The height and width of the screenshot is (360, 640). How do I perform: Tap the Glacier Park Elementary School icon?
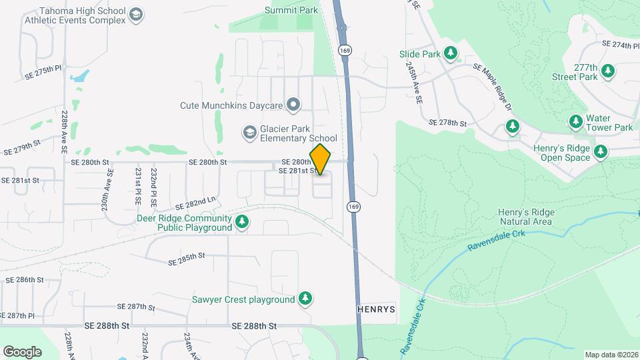click(x=249, y=133)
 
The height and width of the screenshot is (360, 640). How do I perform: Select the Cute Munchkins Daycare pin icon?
click(x=293, y=105)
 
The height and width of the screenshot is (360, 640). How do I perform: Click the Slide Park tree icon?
click(x=451, y=53)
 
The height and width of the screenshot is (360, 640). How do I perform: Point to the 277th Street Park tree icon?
click(x=607, y=71)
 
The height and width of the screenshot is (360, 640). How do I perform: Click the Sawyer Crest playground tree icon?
click(x=305, y=299)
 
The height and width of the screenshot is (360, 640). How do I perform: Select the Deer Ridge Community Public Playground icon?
click(x=242, y=222)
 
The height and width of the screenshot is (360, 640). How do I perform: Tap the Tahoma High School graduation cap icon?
click(x=136, y=15)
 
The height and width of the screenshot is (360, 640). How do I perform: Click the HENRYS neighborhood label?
click(x=377, y=309)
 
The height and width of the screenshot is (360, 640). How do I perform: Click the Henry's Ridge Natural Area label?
click(x=525, y=217)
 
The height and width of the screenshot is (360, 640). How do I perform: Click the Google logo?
click(x=22, y=351)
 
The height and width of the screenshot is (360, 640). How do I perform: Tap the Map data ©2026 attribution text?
click(x=611, y=355)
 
